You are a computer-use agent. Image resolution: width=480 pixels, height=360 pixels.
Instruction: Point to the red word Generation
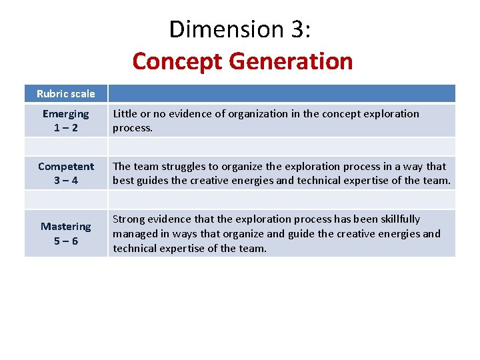291,61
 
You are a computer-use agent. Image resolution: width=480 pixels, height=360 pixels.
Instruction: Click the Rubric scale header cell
66,93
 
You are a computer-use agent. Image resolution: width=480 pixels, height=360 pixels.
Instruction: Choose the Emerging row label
65,113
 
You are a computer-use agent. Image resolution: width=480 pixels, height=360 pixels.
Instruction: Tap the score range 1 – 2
66,127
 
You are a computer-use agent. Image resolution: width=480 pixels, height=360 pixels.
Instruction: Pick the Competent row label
66,166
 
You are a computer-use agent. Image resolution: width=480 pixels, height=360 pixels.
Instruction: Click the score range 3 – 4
66,180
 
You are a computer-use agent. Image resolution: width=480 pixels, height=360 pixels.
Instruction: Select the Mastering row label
66,226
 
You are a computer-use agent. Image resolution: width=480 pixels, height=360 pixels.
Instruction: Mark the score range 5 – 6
66,241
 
